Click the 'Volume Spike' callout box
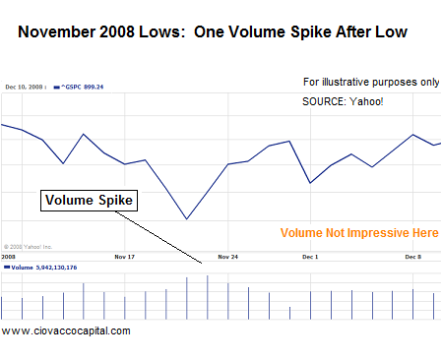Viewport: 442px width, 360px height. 90,201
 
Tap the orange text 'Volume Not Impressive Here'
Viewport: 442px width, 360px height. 358,233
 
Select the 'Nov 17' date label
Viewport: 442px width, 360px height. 125,256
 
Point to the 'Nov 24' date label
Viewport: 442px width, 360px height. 228,256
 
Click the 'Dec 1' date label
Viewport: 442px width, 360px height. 310,256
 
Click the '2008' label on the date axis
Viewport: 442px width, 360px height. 9,256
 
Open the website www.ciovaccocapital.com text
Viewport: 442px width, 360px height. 66,330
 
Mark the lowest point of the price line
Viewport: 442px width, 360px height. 186,218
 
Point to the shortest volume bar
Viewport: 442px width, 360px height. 289,313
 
